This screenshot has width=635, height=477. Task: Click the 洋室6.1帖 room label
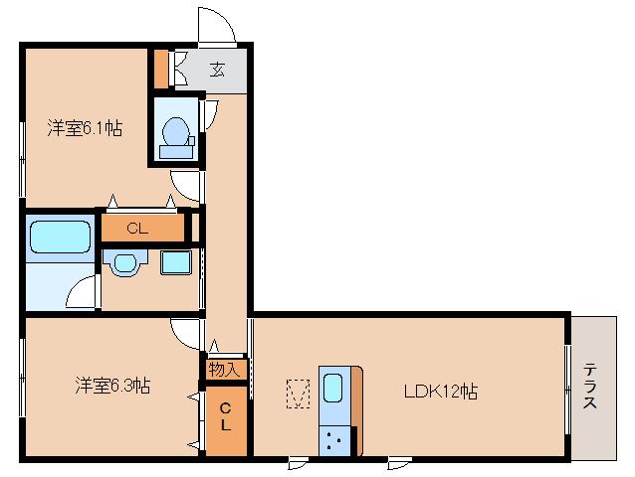pos(86,127)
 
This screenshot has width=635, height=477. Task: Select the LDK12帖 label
pos(440,391)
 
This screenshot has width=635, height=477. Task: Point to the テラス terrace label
pos(590,387)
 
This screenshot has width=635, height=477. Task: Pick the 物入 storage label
pos(225,369)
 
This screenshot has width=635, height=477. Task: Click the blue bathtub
pos(60,238)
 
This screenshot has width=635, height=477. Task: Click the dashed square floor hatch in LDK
pos(297,394)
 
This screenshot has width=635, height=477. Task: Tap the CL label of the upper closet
pos(138,229)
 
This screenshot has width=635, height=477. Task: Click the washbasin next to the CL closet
pos(124,263)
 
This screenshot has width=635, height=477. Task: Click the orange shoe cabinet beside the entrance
pos(162,68)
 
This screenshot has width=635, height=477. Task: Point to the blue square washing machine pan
pos(176,263)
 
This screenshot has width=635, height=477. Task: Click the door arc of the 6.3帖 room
pos(186,334)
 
